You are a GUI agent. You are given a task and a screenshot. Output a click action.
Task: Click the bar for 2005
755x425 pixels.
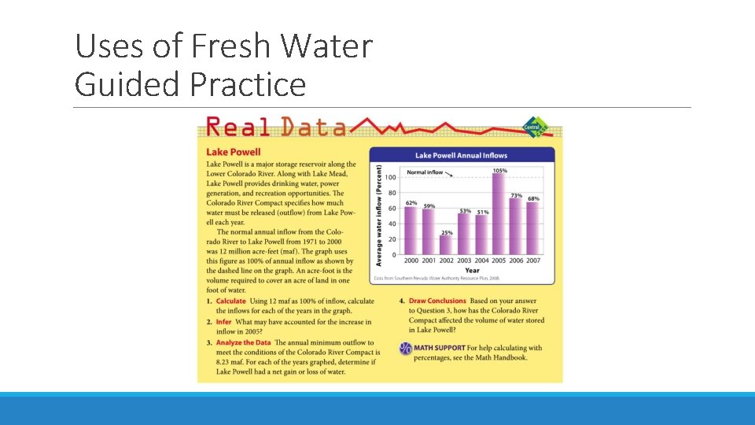pyautogui.click(x=498, y=214)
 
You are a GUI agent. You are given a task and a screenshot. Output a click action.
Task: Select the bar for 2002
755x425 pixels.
pyautogui.click(x=446, y=245)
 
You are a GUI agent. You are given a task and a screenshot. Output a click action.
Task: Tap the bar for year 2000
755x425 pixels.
pyautogui.click(x=411, y=231)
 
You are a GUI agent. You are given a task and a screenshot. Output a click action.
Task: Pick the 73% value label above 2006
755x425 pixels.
pyautogui.click(x=517, y=195)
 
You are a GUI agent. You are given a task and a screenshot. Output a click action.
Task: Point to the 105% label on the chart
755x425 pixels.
pyautogui.click(x=499, y=171)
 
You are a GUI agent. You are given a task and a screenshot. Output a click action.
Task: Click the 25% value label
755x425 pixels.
pyautogui.click(x=446, y=232)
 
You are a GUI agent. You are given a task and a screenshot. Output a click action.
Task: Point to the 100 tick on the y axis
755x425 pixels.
pyautogui.click(x=391, y=177)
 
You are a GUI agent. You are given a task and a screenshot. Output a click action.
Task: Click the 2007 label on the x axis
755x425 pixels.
pyautogui.click(x=533, y=261)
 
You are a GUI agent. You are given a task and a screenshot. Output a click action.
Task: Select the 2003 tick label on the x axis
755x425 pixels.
pyautogui.click(x=464, y=261)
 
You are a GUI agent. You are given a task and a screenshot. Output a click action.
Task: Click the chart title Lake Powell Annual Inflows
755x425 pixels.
pyautogui.click(x=462, y=156)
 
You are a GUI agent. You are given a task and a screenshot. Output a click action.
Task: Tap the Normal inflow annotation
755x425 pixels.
pyautogui.click(x=425, y=172)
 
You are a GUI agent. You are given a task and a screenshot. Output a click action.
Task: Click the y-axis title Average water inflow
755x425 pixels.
pyautogui.click(x=379, y=215)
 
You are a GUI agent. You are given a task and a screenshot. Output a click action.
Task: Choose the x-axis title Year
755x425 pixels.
pyautogui.click(x=472, y=270)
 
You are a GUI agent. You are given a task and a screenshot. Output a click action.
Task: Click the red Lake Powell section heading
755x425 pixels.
pyautogui.click(x=233, y=152)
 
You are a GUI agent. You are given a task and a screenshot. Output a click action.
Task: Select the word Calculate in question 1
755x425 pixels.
pyautogui.click(x=231, y=301)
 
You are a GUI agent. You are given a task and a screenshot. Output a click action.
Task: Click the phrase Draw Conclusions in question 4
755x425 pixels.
pyautogui.click(x=437, y=301)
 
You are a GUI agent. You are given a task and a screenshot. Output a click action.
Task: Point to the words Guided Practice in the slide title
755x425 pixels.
pyautogui.click(x=190, y=83)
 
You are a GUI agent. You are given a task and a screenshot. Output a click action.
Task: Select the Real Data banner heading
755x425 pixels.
pyautogui.click(x=275, y=128)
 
